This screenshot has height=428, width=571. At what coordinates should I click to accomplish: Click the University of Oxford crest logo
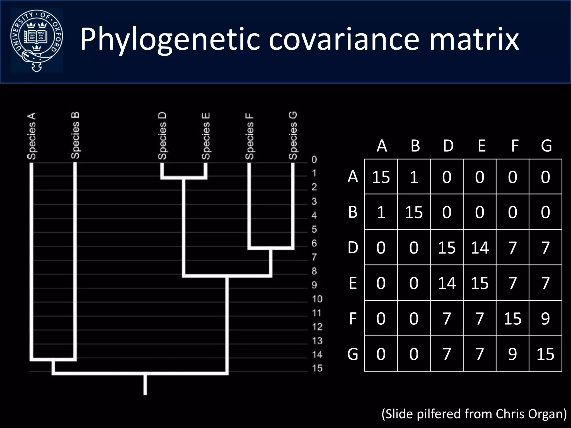point(37,41)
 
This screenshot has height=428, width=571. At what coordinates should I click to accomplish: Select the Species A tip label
point(32,136)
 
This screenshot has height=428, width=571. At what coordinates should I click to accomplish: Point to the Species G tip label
point(293,136)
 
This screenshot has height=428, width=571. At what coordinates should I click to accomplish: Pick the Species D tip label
point(162,136)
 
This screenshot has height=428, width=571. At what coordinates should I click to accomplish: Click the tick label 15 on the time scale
point(317,368)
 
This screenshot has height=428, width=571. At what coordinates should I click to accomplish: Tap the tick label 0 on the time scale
point(314,160)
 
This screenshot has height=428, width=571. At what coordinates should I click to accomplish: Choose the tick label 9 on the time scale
point(314,285)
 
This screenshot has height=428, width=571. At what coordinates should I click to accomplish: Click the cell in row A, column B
point(414,177)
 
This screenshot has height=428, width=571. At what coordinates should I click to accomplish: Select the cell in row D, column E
point(480,247)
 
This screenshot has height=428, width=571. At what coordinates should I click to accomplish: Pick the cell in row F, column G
point(545,318)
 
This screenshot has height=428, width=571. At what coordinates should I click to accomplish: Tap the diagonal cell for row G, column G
point(545,354)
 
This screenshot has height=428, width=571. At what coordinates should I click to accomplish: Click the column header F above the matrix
point(515,146)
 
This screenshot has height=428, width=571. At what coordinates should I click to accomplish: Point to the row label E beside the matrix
point(353,283)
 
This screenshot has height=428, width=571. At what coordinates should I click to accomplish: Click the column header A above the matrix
point(382,146)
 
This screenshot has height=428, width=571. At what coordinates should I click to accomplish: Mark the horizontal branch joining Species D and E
point(184,177)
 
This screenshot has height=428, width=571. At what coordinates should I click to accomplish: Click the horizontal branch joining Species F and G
point(271,248)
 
